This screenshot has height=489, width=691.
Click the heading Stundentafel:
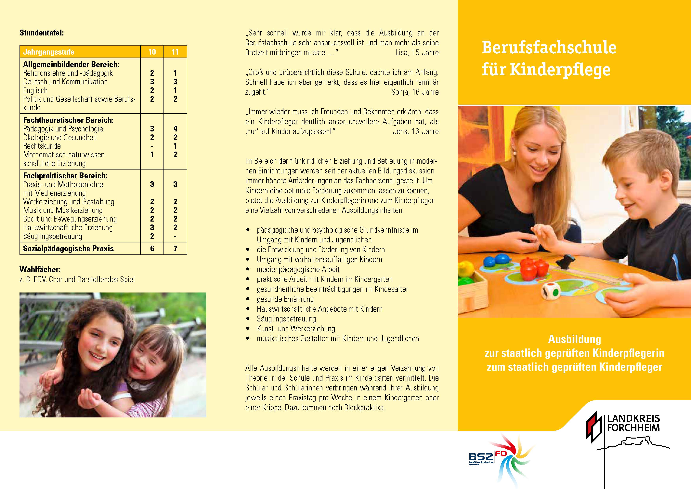(x=42, y=33)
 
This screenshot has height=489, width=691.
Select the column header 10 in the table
(x=152, y=52)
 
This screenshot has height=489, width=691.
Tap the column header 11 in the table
(x=175, y=52)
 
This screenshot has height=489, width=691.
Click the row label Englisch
(x=35, y=90)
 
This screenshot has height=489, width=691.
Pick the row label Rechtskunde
(x=42, y=146)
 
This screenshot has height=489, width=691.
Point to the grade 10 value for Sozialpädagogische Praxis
(x=152, y=249)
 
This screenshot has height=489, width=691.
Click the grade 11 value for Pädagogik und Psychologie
(x=175, y=129)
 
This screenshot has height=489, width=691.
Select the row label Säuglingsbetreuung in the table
(x=52, y=236)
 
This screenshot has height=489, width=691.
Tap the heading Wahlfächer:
(x=40, y=269)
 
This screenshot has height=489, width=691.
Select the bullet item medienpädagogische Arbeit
(x=298, y=269)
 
